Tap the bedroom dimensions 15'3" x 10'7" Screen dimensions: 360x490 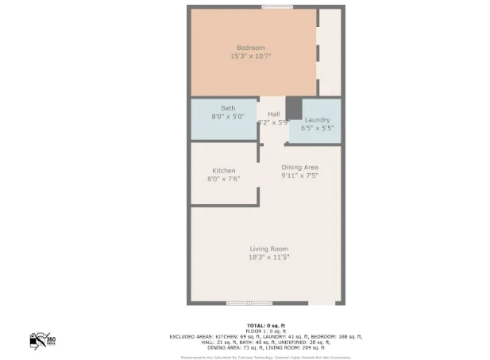pos(251,56)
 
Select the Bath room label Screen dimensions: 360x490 pos(227,108)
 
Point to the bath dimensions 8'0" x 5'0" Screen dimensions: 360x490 pos(227,116)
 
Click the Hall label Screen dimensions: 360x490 pos(274,114)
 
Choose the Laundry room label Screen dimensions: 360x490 pos(317,119)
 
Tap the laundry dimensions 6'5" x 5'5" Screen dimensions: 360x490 pos(317,128)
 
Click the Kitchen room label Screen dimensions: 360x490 pos(223,171)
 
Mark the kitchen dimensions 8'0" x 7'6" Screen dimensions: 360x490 pos(223,180)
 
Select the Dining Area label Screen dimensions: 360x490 pos(300,167)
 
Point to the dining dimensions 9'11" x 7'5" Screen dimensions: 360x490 pos(300,176)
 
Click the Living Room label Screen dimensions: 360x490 pos(268,249)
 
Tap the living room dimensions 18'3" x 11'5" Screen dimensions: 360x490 pos(268,257)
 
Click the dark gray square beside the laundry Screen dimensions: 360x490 pos(294,107)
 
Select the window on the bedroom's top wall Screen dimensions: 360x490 pos(277,7)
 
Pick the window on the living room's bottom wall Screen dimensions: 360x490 pos(249,303)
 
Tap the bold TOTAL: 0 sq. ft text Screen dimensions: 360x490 pos(265,325)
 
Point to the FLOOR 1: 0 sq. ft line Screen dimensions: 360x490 pos(265,331)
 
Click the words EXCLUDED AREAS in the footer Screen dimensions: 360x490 pos(191,337)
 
